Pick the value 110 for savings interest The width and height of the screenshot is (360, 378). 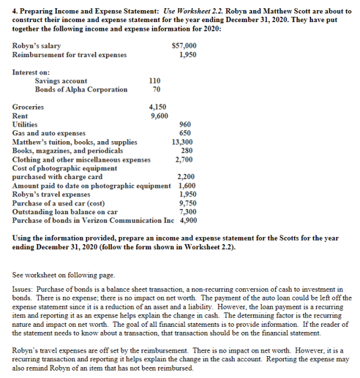[154, 81]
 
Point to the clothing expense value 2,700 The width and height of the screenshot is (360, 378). [183, 159]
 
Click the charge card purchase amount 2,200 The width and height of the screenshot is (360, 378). [183, 176]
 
